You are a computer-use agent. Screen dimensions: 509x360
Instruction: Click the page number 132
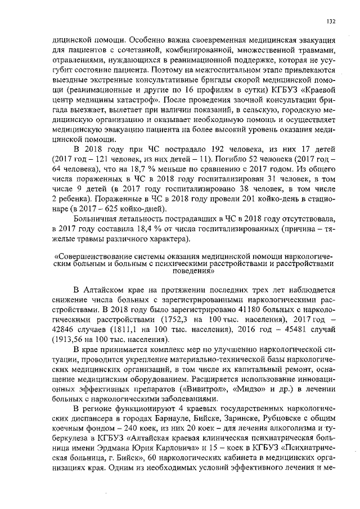point(331,21)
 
